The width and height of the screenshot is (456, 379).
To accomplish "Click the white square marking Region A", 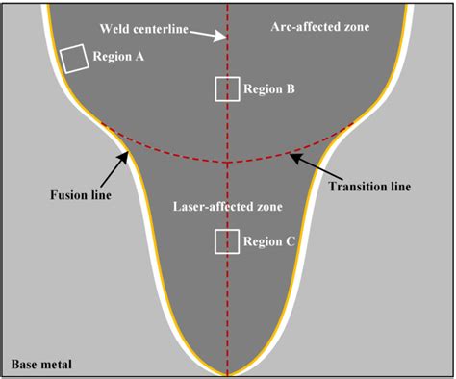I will point(73,60).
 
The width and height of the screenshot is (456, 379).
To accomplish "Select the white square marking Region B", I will point(226,88).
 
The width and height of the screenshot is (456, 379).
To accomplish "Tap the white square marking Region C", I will point(226,241).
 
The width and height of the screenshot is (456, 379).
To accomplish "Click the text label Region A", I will point(119,57).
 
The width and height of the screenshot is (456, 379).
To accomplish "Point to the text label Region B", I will point(269,89).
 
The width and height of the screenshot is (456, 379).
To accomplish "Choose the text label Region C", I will point(269,242).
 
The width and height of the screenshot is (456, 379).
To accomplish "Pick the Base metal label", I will point(41,365).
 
